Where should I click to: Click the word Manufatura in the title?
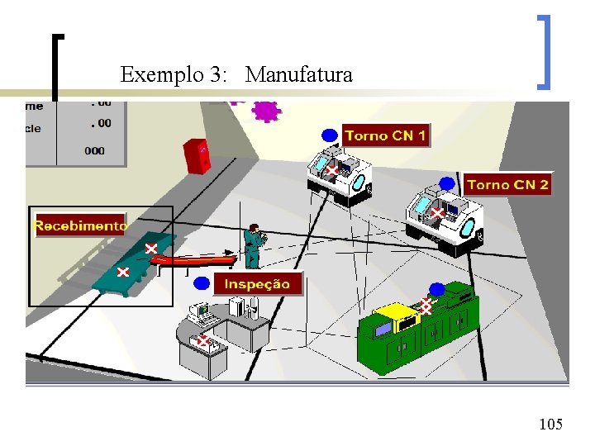pyautogui.click(x=299, y=75)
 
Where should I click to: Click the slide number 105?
pyautogui.click(x=550, y=425)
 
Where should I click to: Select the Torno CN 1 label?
pyautogui.click(x=385, y=135)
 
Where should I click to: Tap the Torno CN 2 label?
pyautogui.click(x=507, y=184)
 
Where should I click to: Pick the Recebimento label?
pyautogui.click(x=80, y=225)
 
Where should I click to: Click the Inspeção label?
pyautogui.click(x=258, y=283)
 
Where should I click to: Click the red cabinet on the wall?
pyautogui.click(x=198, y=156)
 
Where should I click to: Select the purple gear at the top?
pyautogui.click(x=266, y=111)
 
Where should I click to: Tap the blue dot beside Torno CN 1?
pyautogui.click(x=330, y=135)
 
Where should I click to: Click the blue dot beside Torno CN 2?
pyautogui.click(x=447, y=183)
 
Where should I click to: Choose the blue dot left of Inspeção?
pyautogui.click(x=202, y=283)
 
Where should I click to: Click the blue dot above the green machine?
pyautogui.click(x=437, y=289)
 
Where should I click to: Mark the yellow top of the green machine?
pyautogui.click(x=395, y=313)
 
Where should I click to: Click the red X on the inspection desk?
pyautogui.click(x=202, y=340)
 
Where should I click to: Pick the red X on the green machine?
pyautogui.click(x=426, y=306)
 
